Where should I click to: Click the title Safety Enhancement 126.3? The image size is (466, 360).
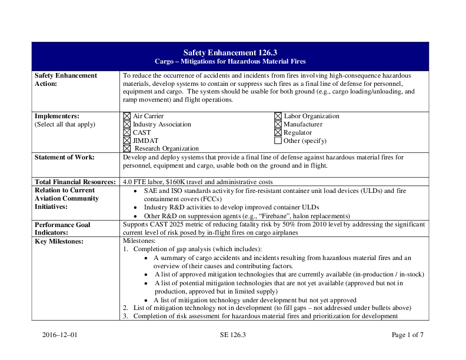pyautogui.click(x=230, y=52)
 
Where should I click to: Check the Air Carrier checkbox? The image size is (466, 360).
pyautogui.click(x=127, y=116)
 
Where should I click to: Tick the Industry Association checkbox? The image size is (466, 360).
pyautogui.click(x=127, y=125)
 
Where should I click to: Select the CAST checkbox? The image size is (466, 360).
pyautogui.click(x=127, y=133)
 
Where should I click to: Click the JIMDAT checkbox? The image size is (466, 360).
pyautogui.click(x=127, y=141)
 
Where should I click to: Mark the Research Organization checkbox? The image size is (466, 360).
pyautogui.click(x=127, y=149)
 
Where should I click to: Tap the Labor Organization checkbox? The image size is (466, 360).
pyautogui.click(x=278, y=116)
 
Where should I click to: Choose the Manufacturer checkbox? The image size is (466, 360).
pyautogui.click(x=278, y=125)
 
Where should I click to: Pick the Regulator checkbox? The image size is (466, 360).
pyautogui.click(x=278, y=133)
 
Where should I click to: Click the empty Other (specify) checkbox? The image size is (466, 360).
pyautogui.click(x=278, y=141)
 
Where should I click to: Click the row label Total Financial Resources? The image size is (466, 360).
pyautogui.click(x=75, y=182)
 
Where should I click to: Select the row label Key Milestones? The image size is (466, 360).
pyautogui.click(x=59, y=241)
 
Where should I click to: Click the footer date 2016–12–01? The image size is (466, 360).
pyautogui.click(x=59, y=335)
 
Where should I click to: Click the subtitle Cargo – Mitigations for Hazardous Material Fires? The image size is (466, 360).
pyautogui.click(x=230, y=61)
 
